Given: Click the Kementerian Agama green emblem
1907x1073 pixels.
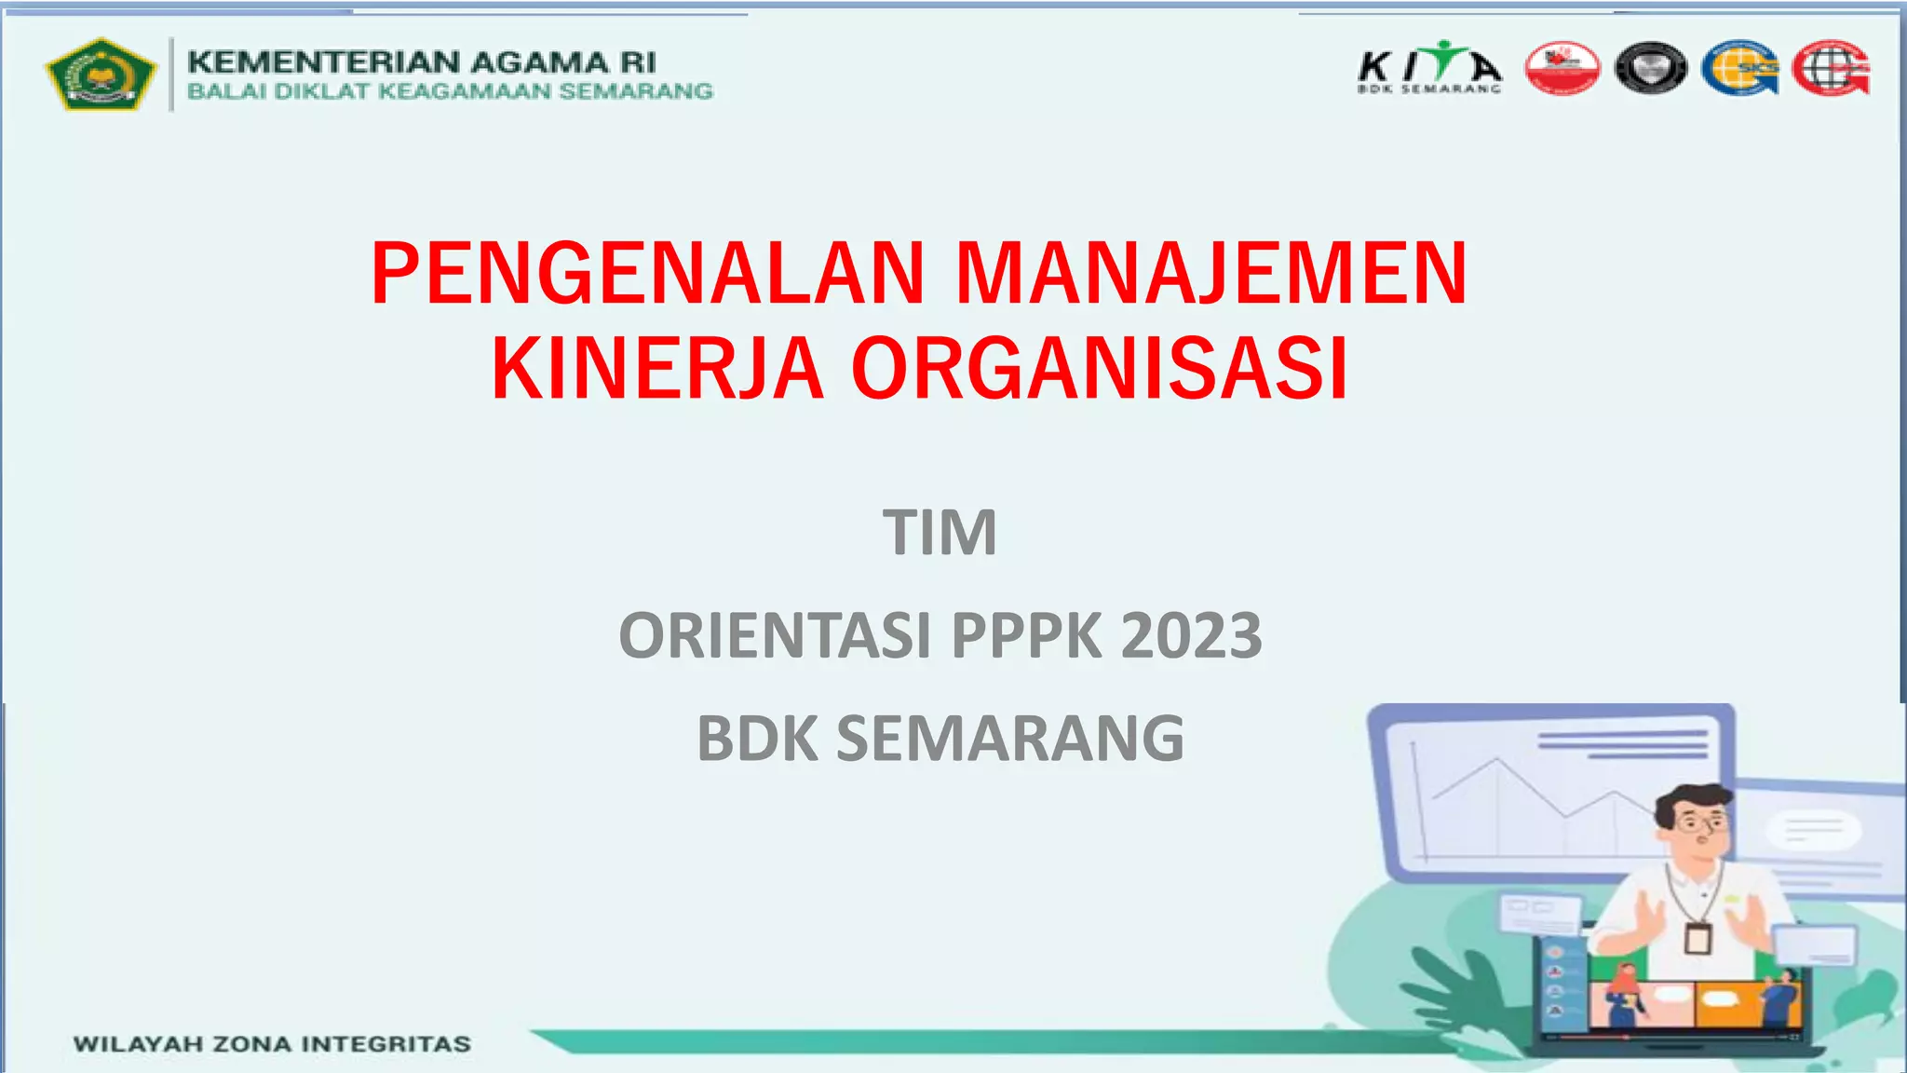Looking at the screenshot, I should [101, 74].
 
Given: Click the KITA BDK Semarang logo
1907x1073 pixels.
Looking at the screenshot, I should [1429, 67].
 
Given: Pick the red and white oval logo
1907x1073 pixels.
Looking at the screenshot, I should [1562, 68].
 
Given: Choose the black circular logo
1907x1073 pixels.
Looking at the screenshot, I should [1650, 68].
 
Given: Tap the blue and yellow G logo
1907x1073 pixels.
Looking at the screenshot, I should [1738, 68].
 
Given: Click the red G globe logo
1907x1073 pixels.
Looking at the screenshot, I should [1831, 68].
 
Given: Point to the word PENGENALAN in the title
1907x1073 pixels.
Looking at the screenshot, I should [648, 274].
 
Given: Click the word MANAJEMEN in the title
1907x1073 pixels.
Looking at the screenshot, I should [1211, 274].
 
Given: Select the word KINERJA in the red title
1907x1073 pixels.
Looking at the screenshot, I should [657, 369].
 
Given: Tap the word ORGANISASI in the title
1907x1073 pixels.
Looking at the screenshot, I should [1099, 369].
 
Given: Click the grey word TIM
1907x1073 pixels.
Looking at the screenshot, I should [940, 533].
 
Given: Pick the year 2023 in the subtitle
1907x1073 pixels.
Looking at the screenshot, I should [1191, 636].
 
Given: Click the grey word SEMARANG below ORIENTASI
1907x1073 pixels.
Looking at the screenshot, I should [1009, 739].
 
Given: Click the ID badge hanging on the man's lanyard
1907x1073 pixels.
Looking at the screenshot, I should [1697, 937].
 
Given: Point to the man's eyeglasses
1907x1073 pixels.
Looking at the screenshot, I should [1700, 822].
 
